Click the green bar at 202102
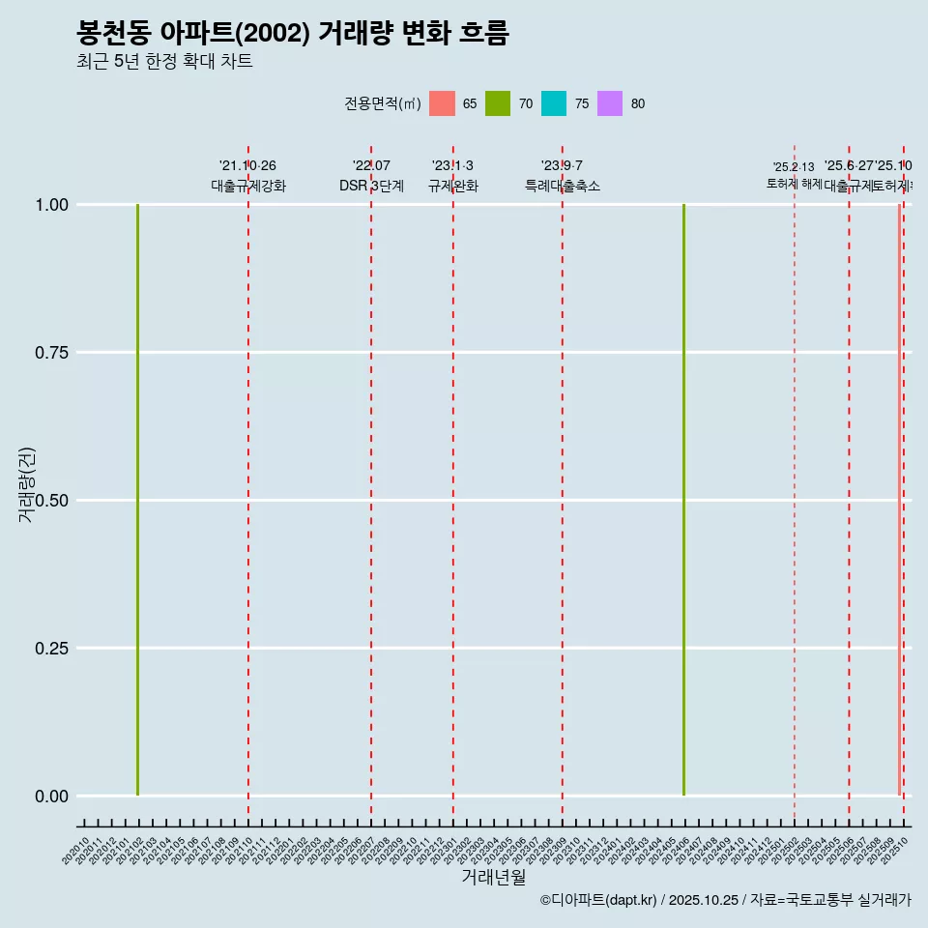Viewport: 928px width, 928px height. (x=137, y=500)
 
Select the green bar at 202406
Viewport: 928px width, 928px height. (x=683, y=500)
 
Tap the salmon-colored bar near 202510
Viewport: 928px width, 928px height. (x=899, y=500)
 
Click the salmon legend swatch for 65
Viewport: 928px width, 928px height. (x=442, y=103)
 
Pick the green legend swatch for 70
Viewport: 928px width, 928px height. (x=498, y=103)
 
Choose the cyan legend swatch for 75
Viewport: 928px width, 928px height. (x=554, y=103)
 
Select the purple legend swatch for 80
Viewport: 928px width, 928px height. (x=610, y=103)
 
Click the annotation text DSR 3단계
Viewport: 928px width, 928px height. (x=371, y=186)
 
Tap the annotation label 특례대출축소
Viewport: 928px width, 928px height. (x=563, y=186)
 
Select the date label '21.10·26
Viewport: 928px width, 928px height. (x=247, y=166)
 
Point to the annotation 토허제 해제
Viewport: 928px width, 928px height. (x=795, y=183)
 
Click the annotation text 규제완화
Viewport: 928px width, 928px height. (x=453, y=186)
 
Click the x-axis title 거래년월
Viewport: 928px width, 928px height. (x=493, y=877)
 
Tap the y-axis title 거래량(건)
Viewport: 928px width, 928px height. (x=26, y=484)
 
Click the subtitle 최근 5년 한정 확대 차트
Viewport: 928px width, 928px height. (x=164, y=62)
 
